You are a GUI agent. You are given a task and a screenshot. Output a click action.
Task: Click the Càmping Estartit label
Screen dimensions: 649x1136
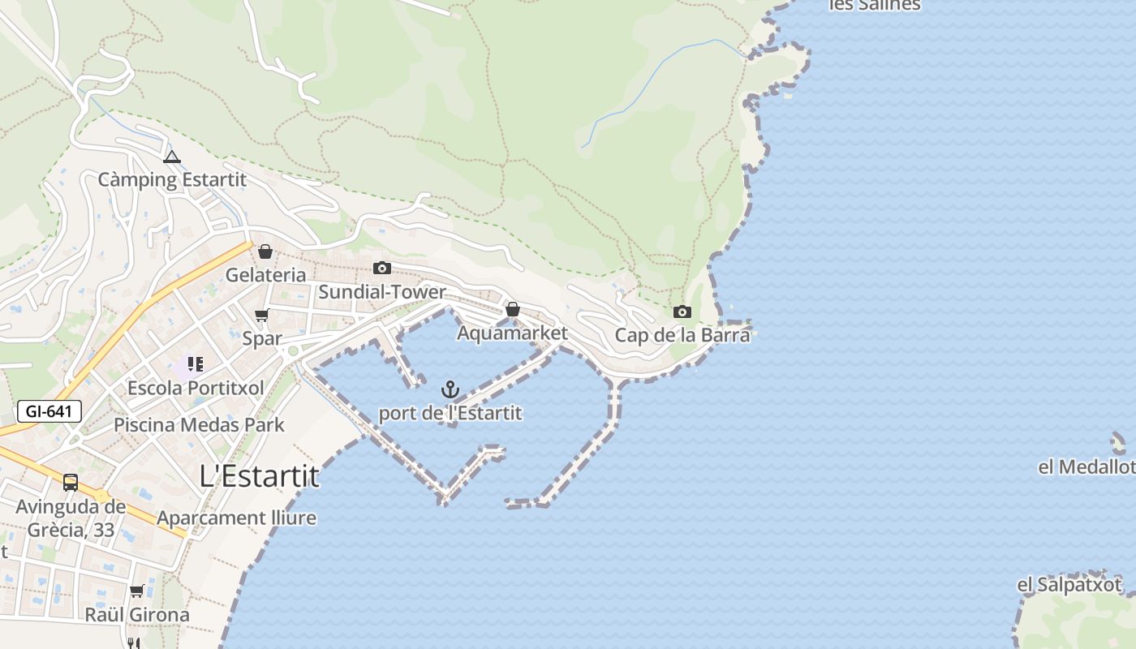point(171,179)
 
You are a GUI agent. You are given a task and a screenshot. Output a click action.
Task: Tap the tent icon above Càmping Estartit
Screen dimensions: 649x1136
point(171,157)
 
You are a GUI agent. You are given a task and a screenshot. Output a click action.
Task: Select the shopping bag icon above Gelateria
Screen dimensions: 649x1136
point(265,251)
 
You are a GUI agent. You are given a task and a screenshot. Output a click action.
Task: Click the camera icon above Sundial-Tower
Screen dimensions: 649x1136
point(381,268)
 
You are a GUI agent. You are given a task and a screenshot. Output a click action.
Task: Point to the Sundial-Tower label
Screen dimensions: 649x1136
point(381,292)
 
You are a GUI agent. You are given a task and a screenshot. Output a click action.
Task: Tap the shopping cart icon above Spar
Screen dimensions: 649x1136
point(261,315)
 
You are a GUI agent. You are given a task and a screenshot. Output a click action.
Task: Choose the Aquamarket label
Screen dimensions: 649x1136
point(512,333)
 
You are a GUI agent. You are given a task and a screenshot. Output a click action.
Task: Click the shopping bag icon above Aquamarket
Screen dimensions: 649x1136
point(512,309)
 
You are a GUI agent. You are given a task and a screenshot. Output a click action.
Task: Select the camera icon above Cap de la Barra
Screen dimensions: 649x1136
point(682,312)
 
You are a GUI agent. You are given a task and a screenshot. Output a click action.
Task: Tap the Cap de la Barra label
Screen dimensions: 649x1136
point(682,335)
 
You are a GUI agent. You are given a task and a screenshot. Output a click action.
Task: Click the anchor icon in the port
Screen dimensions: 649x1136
point(450,389)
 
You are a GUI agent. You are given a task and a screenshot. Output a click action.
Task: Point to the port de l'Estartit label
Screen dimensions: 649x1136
point(450,413)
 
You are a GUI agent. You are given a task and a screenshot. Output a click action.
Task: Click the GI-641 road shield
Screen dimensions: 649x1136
point(49,411)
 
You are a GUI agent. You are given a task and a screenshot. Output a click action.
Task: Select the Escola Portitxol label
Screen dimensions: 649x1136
point(196,388)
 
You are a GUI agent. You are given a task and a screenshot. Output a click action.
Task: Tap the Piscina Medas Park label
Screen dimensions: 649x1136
point(199,424)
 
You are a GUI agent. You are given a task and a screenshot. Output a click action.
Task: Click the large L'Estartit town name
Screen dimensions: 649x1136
point(260,476)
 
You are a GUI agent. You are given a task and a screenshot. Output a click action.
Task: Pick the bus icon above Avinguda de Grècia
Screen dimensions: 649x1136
point(71,483)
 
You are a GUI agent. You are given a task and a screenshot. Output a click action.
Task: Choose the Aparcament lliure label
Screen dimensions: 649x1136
point(236,518)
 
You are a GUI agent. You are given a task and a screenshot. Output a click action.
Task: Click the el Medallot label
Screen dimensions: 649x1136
point(1086,467)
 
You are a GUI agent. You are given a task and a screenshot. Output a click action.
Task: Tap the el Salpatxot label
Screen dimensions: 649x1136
point(1069,585)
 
